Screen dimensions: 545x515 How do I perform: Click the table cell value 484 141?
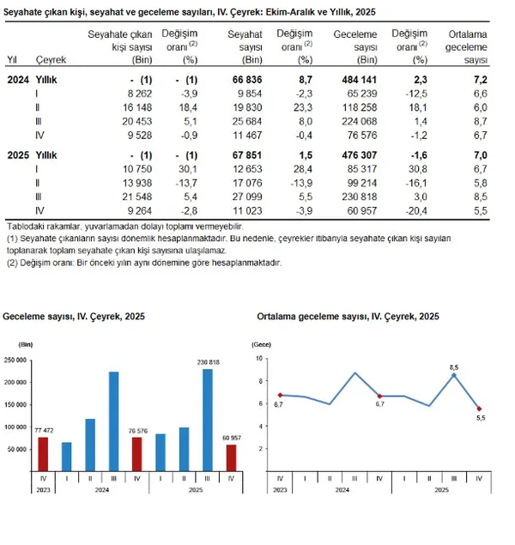pyautogui.click(x=359, y=78)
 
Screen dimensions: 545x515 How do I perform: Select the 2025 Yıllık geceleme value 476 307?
pyautogui.click(x=359, y=154)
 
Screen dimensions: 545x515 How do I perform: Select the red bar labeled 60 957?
pyautogui.click(x=231, y=457)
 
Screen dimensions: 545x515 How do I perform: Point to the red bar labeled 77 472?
pyautogui.click(x=43, y=454)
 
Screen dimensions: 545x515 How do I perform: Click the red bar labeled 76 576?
pyautogui.click(x=137, y=454)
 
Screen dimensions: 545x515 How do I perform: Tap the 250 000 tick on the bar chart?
pyautogui.click(x=17, y=360)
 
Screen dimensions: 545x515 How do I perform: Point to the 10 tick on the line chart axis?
pyautogui.click(x=260, y=357)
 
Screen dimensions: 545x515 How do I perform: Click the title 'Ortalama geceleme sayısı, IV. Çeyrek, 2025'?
pyautogui.click(x=348, y=317)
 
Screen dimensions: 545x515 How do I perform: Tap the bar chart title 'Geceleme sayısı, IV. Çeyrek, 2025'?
pyautogui.click(x=74, y=317)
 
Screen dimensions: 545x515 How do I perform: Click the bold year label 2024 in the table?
pyautogui.click(x=18, y=78)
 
